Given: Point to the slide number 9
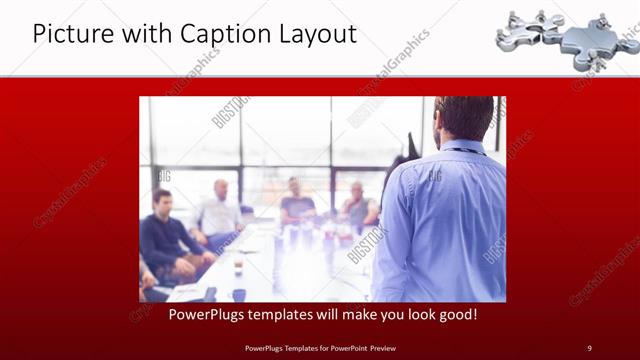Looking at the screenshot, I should tap(589, 347).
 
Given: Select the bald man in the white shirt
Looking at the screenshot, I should tap(220, 210).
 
